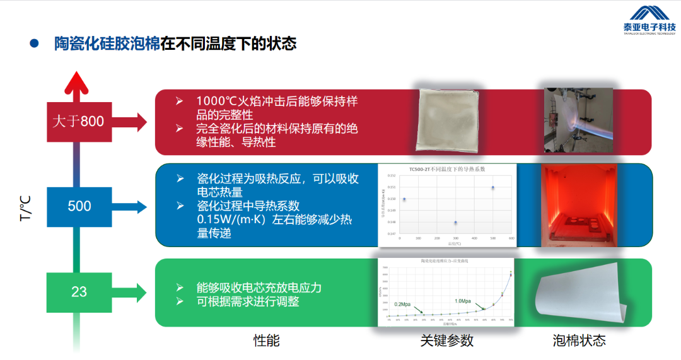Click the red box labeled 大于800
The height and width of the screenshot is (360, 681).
pos(79,121)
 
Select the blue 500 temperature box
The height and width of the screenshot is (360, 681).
pos(79,206)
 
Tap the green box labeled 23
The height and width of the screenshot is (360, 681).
pos(79,292)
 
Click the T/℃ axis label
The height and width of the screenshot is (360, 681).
pos(25,208)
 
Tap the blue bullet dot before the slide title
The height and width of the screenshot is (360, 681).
pos(34,44)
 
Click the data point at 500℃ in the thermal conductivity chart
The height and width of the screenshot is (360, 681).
pos(492,187)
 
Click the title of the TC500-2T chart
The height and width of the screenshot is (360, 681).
pos(446,170)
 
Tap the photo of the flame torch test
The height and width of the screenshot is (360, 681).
pos(579,120)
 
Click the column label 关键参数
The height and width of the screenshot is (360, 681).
pos(446,341)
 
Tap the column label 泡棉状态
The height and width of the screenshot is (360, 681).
pos(579,341)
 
